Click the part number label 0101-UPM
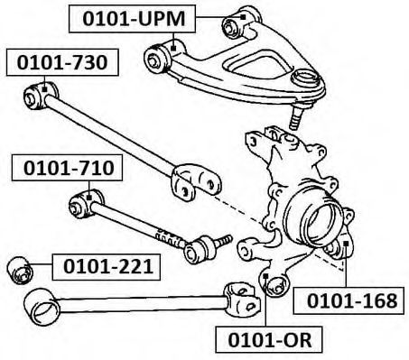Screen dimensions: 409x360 132,19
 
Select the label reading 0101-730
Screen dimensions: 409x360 62,62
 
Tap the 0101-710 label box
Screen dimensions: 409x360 67,168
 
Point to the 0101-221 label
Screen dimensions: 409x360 107,267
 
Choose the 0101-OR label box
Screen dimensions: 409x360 269,339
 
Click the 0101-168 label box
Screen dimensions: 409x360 349,300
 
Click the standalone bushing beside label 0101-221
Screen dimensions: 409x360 20,270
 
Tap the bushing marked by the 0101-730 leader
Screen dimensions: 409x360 41,95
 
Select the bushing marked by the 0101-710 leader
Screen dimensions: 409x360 86,204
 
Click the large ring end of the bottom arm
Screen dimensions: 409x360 42,307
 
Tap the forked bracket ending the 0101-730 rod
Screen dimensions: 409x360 196,182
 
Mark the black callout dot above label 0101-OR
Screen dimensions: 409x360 265,276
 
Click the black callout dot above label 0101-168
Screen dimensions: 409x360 346,243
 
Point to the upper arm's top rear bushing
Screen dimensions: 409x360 241,23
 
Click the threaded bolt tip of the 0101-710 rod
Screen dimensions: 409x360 225,240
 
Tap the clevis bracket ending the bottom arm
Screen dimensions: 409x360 242,300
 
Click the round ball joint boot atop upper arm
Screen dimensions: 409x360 306,78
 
